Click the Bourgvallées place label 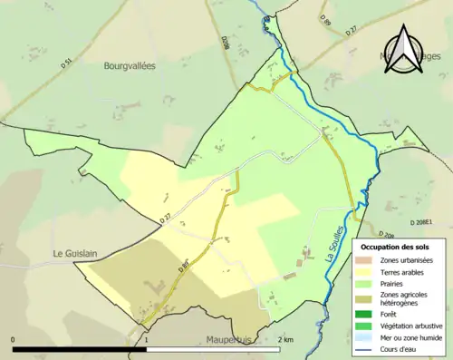[130, 66]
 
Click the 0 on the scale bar [14, 339]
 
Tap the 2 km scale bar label [285, 339]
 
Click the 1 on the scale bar [147, 339]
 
